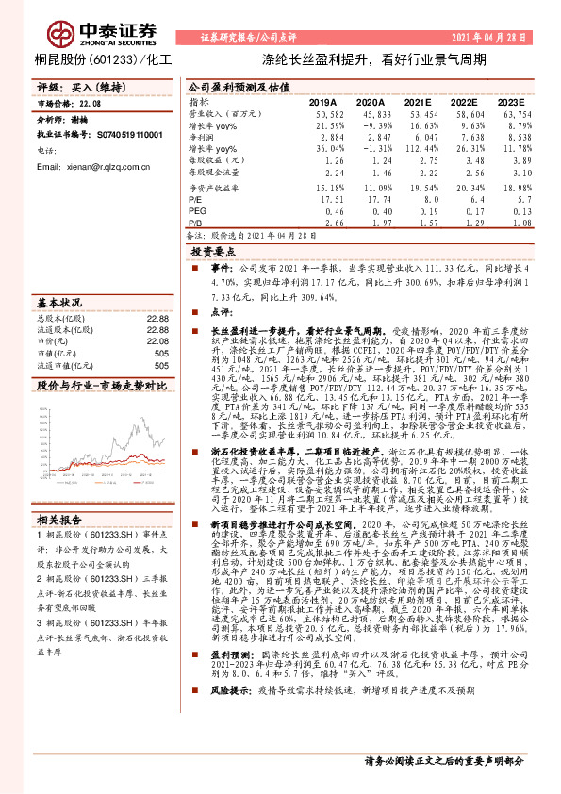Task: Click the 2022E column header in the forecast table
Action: point(463,101)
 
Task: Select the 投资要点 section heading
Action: point(214,253)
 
